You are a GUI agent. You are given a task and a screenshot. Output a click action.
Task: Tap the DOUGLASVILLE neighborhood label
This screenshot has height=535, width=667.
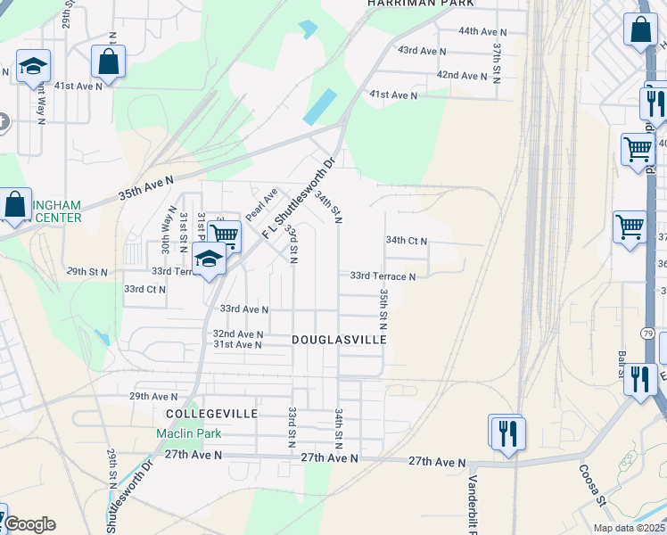[339, 341]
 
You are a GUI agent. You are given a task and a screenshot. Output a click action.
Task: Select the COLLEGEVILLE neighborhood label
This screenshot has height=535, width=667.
[211, 414]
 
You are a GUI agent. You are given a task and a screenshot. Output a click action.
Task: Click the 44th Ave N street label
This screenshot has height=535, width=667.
[482, 31]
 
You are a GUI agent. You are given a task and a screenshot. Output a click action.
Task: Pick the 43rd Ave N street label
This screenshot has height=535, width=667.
[422, 51]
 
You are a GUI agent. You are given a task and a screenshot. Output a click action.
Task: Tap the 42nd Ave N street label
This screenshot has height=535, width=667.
[460, 75]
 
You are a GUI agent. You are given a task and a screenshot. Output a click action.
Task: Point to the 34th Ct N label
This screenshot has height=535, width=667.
[407, 241]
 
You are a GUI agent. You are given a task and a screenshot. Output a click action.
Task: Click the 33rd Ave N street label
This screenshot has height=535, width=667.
[244, 309]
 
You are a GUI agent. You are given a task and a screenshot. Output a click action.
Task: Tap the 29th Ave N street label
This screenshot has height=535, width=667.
[153, 396]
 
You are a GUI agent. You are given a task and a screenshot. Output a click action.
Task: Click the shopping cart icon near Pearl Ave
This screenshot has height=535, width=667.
[225, 236]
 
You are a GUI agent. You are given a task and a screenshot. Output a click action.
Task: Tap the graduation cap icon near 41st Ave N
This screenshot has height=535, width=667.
[33, 67]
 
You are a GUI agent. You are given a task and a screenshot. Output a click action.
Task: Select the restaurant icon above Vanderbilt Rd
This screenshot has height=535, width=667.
[506, 433]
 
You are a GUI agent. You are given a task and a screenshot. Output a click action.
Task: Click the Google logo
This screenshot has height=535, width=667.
[29, 524]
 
